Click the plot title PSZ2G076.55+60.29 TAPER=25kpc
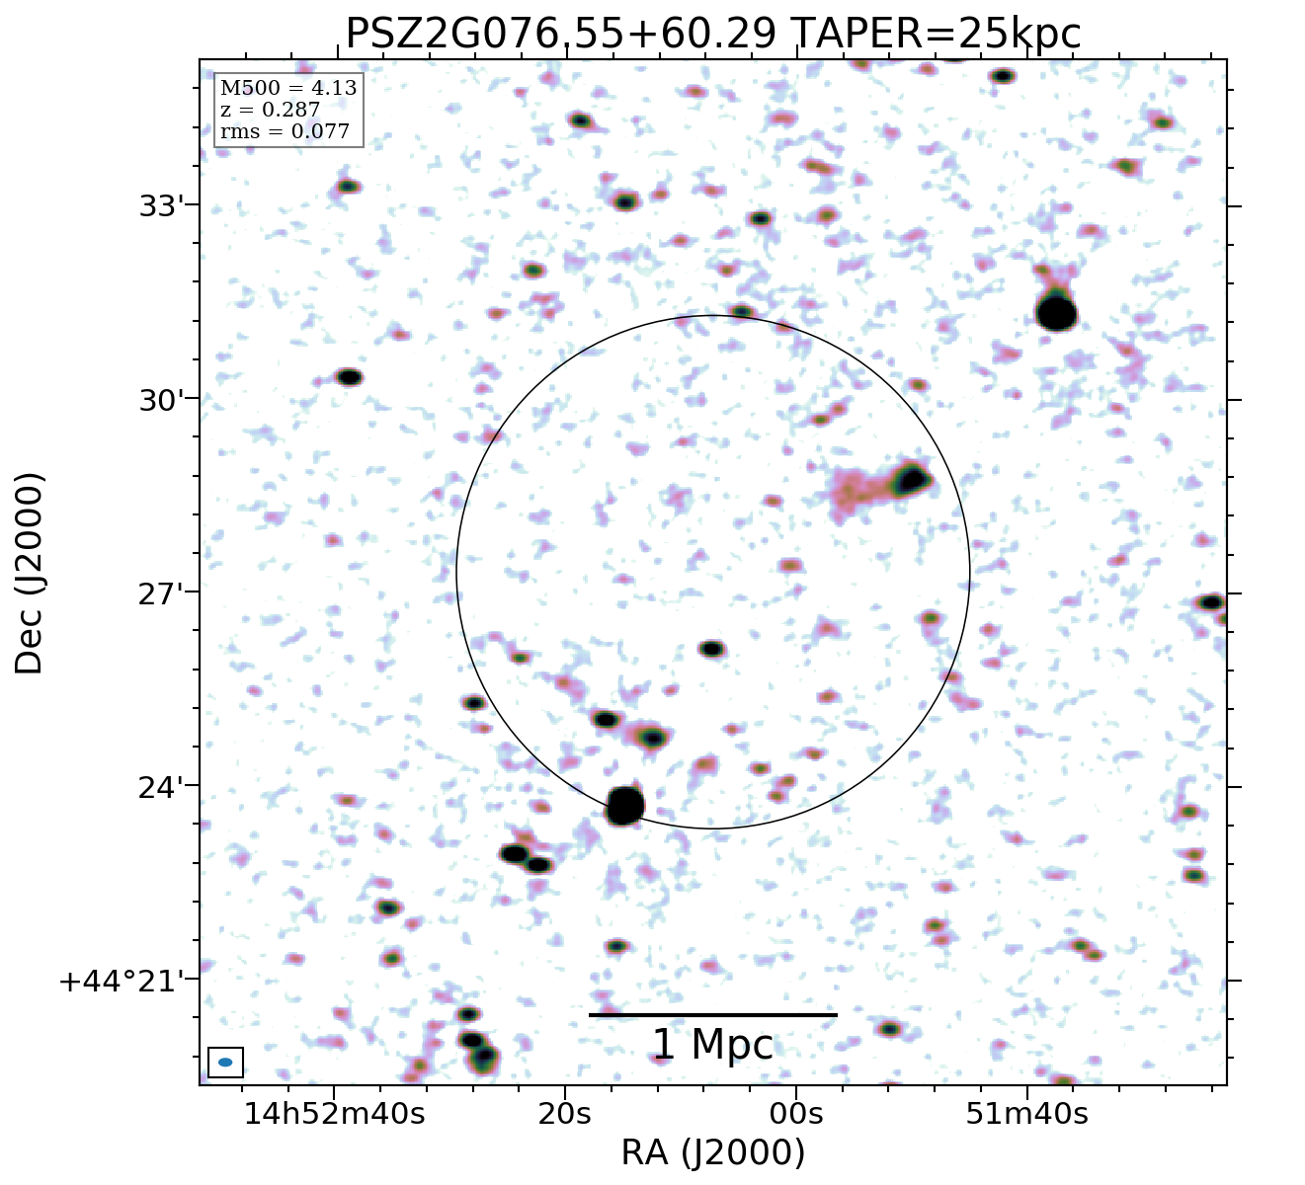tap(712, 34)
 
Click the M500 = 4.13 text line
tap(288, 89)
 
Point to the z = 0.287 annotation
tap(270, 110)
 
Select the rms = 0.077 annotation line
tap(285, 131)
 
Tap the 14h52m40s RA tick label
tap(335, 1115)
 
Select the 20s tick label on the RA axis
tap(564, 1115)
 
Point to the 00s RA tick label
tap(796, 1115)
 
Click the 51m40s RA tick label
tap(1027, 1115)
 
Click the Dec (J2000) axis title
tap(30, 573)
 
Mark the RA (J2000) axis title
tap(712, 1152)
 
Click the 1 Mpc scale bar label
tap(712, 1046)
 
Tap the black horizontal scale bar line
tap(712, 1015)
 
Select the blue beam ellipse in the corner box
tap(225, 1063)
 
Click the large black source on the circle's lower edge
tap(625, 806)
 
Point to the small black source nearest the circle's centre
tap(711, 649)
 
